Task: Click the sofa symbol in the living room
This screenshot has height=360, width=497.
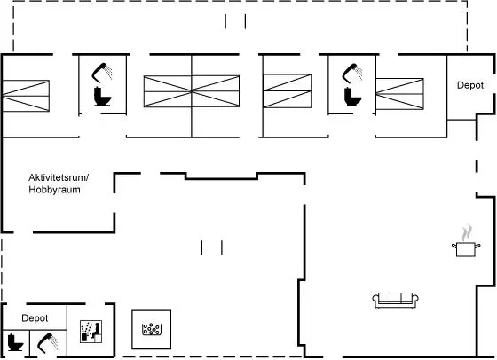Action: pyautogui.click(x=395, y=301)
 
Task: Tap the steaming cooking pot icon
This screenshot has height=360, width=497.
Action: pyautogui.click(x=466, y=241)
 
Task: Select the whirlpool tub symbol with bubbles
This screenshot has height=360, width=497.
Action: pyautogui.click(x=151, y=330)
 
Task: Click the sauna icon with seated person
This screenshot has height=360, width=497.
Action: pyautogui.click(x=91, y=332)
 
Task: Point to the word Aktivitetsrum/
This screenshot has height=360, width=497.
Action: pyautogui.click(x=59, y=177)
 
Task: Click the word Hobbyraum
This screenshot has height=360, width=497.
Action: pyautogui.click(x=54, y=190)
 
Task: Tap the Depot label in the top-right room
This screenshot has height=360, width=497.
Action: pyautogui.click(x=470, y=85)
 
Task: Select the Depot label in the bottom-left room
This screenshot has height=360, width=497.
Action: pyautogui.click(x=35, y=318)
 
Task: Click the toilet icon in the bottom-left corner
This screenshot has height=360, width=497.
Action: pyautogui.click(x=15, y=342)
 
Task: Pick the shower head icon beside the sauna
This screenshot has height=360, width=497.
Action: pyautogui.click(x=48, y=342)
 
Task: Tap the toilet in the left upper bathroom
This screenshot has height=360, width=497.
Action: pyautogui.click(x=103, y=97)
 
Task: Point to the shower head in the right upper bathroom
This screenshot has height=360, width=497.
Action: pyautogui.click(x=352, y=73)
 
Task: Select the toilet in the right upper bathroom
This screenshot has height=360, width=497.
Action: pyautogui.click(x=353, y=97)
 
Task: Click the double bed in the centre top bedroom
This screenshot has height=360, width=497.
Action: pyautogui.click(x=192, y=91)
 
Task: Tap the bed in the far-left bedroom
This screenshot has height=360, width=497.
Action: pyautogui.click(x=26, y=96)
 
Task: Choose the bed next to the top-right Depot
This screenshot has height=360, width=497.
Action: pyautogui.click(x=399, y=94)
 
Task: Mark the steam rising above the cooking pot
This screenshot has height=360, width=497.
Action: pyautogui.click(x=467, y=233)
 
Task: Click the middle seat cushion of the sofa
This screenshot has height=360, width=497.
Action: pyautogui.click(x=396, y=298)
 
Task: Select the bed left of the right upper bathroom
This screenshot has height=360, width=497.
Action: pyautogui.click(x=288, y=90)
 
